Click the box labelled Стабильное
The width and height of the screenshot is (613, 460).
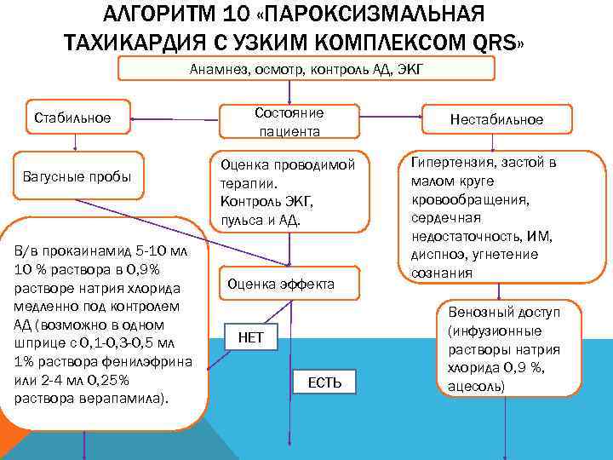point(72,117)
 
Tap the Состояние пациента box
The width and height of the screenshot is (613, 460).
point(289,122)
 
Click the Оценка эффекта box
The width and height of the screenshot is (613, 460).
point(290,284)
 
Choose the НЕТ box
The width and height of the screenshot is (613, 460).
point(250,338)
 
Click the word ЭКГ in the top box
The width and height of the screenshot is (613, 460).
point(384,71)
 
